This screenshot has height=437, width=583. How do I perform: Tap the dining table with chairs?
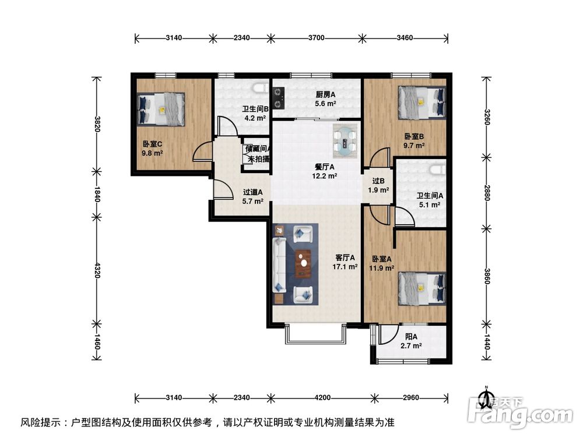[346, 140]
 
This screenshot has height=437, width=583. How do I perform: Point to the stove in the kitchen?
[278, 97]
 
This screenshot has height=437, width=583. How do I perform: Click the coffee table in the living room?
[303, 264]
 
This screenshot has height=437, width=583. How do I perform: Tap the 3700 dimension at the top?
[316, 38]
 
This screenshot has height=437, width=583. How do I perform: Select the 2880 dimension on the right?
[486, 192]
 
